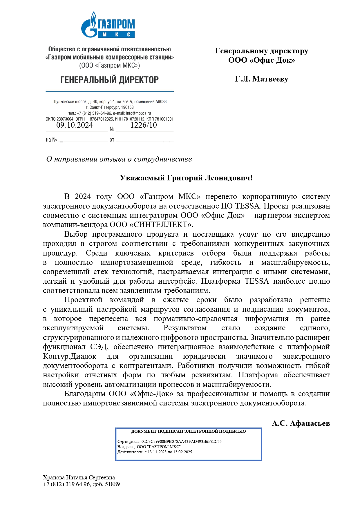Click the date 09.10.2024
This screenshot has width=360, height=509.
(x=75, y=125)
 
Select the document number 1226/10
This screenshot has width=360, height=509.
(x=144, y=125)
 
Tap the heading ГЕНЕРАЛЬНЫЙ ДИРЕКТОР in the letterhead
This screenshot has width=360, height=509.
(x=109, y=80)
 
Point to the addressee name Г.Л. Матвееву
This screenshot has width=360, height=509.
(x=261, y=79)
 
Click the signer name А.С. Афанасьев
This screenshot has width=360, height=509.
(x=301, y=423)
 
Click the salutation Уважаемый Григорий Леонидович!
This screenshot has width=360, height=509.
(x=186, y=178)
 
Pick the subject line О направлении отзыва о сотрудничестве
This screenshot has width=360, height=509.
(x=119, y=159)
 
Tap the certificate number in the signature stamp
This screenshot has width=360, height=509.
(x=182, y=441)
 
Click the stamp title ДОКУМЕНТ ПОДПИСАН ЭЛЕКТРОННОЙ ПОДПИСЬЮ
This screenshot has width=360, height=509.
(x=189, y=431)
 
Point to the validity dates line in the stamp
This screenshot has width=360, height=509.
(x=155, y=452)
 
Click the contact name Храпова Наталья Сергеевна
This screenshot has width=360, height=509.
(x=79, y=477)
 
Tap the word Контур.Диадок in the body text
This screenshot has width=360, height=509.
(x=70, y=356)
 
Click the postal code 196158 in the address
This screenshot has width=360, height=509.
(x=127, y=108)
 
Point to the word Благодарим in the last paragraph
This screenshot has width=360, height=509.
(x=85, y=394)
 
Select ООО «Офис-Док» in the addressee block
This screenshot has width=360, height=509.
(x=261, y=60)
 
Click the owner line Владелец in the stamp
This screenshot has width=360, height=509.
(x=149, y=447)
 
